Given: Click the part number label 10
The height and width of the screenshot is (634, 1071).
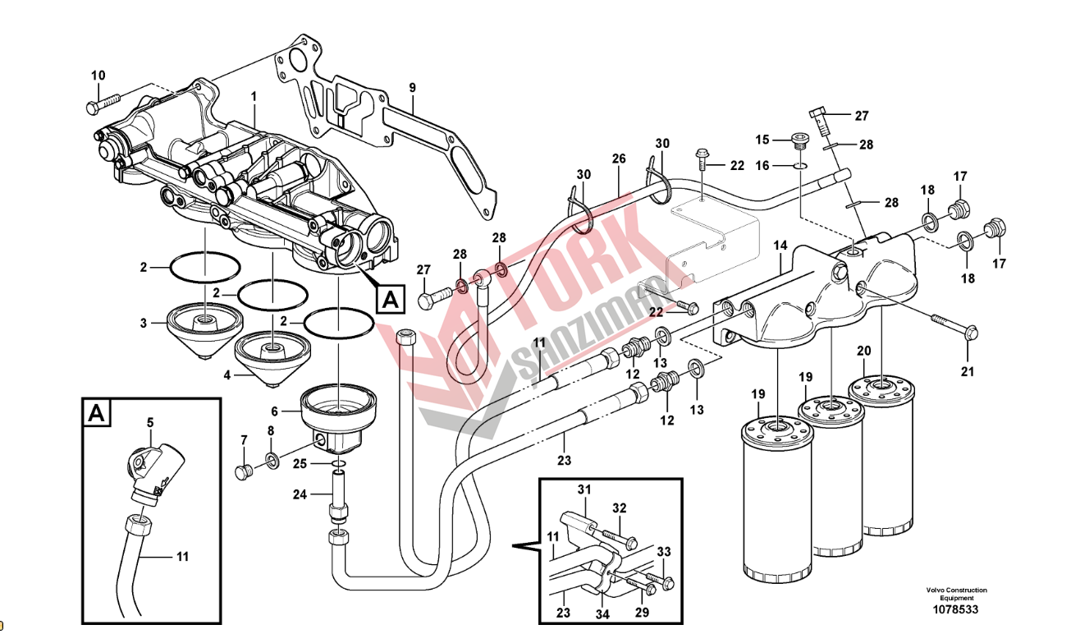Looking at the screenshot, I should tap(98, 76).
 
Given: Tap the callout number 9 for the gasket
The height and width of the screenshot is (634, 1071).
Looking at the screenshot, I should tap(412, 87).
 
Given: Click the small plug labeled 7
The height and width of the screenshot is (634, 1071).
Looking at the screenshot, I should tap(242, 471).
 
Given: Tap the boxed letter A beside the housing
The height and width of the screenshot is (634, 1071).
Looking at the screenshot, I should tap(391, 300).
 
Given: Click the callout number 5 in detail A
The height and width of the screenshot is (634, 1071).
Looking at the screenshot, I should tap(150, 423).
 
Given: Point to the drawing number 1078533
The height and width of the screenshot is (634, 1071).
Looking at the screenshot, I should tap(956, 609).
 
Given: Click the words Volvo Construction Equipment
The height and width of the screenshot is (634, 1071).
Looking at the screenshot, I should tap(956, 594).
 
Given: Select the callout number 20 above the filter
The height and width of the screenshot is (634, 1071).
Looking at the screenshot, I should tap(864, 351).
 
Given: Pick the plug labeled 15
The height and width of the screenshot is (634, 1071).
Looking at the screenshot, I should tap(800, 139).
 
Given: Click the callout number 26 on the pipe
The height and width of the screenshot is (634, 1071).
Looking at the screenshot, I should tap(618, 158).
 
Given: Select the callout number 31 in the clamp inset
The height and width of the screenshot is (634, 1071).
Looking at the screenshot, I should tap(584, 490).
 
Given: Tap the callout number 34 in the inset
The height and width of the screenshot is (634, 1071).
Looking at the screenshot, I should tap(603, 613).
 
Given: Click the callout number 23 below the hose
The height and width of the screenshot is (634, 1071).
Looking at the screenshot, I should tap(564, 461).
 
